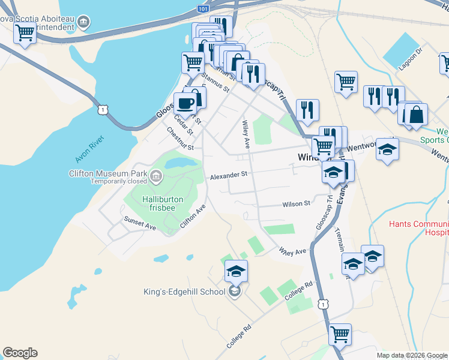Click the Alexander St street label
pyautogui.click(x=229, y=175)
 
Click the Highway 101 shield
pyautogui.click(x=203, y=10)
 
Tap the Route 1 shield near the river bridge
pyautogui.click(x=104, y=110)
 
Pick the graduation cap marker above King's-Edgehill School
pyautogui.click(x=237, y=271)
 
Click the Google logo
pyautogui.click(x=20, y=353)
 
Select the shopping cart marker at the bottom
pyautogui.click(x=340, y=334)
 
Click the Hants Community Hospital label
pyautogui.click(x=418, y=227)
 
